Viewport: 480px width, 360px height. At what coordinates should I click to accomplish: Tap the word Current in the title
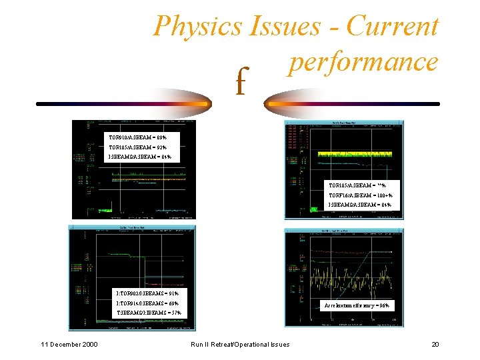(393, 27)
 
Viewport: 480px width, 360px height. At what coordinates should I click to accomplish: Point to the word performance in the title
(363, 61)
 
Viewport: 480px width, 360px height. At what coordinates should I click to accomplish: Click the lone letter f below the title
(240, 84)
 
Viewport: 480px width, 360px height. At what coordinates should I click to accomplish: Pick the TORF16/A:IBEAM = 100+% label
(360, 195)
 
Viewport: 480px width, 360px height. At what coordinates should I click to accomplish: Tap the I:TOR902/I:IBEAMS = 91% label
(147, 293)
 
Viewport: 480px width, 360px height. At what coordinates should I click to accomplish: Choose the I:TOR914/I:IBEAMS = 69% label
(147, 303)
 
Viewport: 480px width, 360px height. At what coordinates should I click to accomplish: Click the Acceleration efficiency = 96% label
(357, 305)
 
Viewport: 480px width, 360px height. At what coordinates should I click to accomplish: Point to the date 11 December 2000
(69, 344)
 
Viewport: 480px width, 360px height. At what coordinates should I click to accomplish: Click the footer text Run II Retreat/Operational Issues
(240, 344)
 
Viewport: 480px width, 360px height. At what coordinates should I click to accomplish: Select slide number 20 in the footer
(435, 344)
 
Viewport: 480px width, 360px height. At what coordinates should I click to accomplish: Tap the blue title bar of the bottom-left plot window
(132, 227)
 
